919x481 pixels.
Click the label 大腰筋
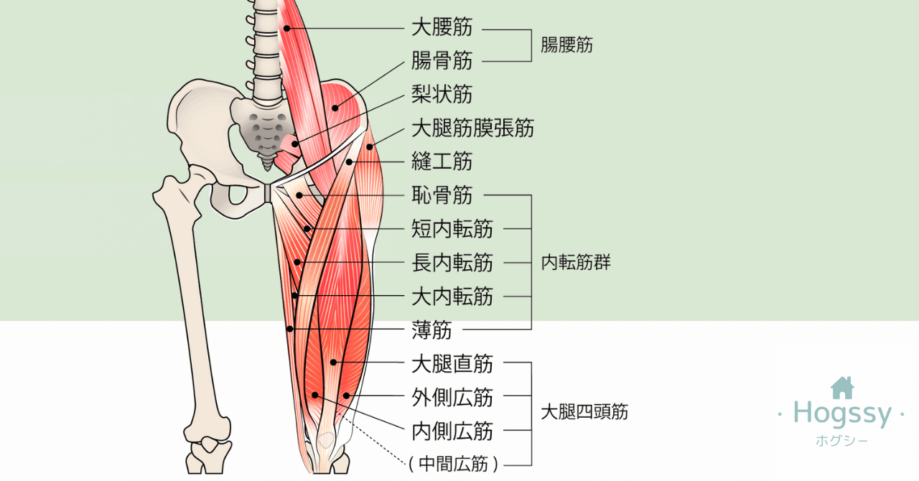pos(442,28)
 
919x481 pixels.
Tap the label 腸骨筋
pos(442,61)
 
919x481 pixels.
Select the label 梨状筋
pos(442,94)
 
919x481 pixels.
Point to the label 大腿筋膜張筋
pos(472,128)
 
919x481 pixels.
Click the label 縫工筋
pos(442,161)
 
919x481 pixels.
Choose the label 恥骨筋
pos(442,195)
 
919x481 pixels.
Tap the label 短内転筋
pos(452,229)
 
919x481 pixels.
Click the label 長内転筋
pos(452,263)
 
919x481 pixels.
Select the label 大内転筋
pos(452,296)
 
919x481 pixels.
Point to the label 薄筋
pos(431,330)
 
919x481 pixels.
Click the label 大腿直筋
pos(452,364)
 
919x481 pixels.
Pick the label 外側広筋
pos(452,397)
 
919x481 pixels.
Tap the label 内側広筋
pos(452,431)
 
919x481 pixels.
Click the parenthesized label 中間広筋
pos(453,464)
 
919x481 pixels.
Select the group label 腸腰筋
pos(566,45)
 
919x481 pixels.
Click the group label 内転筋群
pos(576,263)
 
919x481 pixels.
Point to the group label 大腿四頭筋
pos(584,412)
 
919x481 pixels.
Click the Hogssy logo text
pos(842,414)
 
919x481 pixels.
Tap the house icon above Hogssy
pos(842,388)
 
